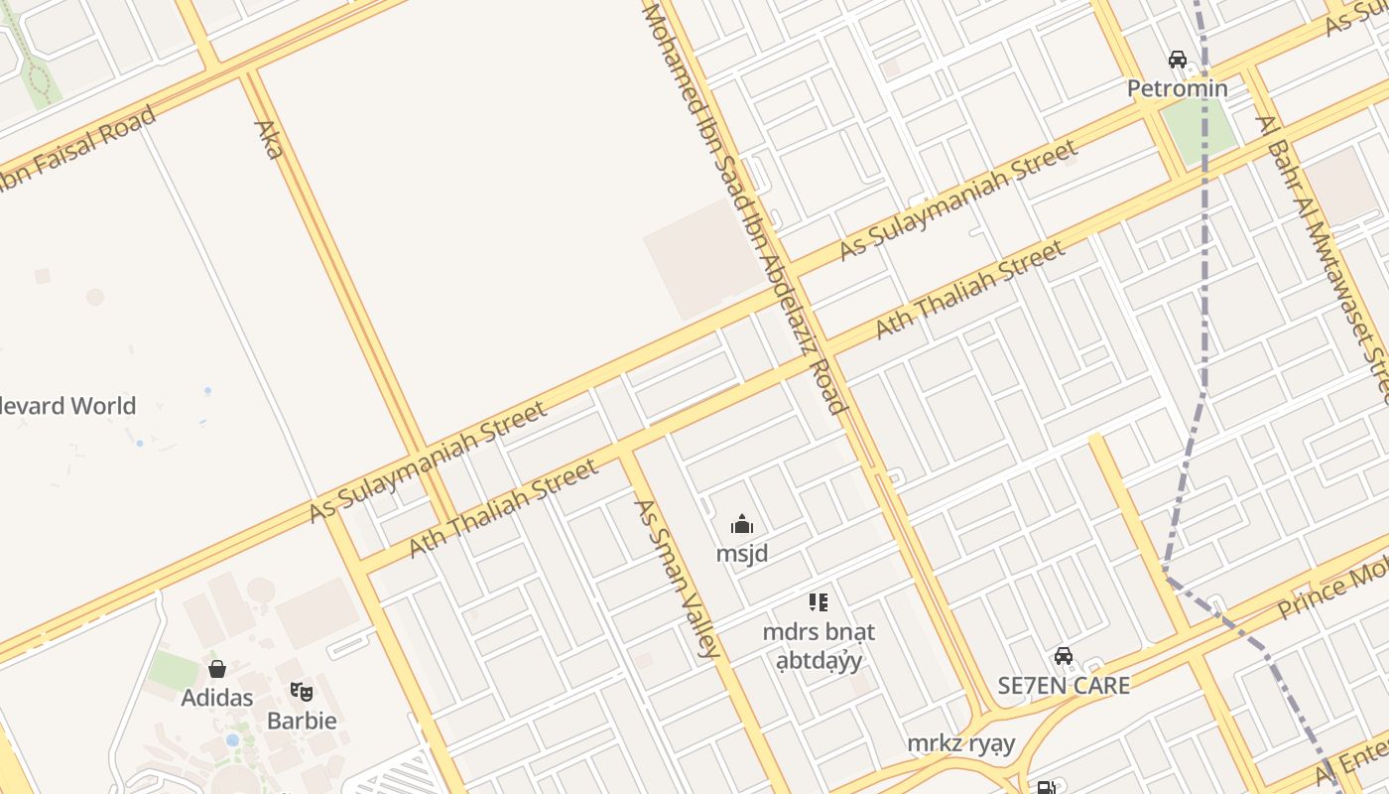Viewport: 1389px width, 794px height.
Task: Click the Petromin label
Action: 1177,88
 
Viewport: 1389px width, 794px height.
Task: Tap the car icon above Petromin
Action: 1178,60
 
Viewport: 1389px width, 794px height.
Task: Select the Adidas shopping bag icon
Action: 217,669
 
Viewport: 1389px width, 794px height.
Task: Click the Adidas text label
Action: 217,698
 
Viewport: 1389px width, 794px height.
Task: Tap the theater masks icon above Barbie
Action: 302,691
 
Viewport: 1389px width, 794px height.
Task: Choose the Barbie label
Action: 302,721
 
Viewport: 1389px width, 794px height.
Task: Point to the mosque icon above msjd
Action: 742,525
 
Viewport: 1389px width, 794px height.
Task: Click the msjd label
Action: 742,553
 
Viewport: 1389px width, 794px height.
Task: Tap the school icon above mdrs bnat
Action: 819,601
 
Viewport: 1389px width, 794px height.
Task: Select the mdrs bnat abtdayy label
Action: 819,645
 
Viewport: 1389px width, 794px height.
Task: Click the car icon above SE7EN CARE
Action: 1064,656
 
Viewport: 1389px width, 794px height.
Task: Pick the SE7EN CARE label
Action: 1064,685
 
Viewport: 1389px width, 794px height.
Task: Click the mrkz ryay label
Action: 961,743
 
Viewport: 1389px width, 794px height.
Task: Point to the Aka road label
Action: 269,139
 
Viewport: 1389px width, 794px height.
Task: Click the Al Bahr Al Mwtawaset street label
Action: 1324,248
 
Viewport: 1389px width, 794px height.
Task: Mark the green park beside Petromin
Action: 1199,129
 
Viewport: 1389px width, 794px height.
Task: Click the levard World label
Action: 68,406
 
